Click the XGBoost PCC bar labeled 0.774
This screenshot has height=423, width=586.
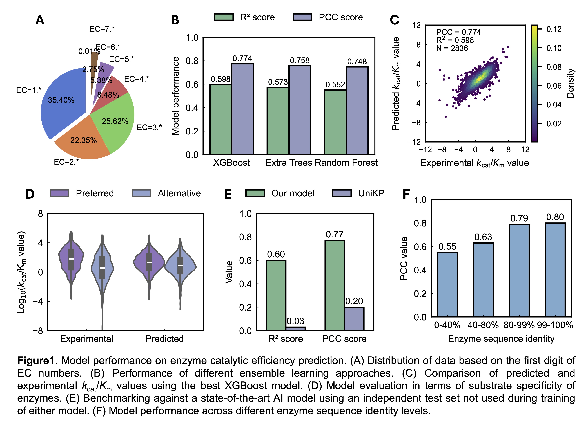(x=242, y=109)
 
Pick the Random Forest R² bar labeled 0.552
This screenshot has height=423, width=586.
(x=335, y=122)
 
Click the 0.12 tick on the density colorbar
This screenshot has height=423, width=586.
(x=554, y=29)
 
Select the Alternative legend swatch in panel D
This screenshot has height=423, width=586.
(x=141, y=193)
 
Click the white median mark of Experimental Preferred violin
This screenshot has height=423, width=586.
(x=71, y=259)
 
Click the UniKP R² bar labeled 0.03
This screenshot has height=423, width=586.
(x=296, y=329)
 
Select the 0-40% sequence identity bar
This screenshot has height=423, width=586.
(x=447, y=284)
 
